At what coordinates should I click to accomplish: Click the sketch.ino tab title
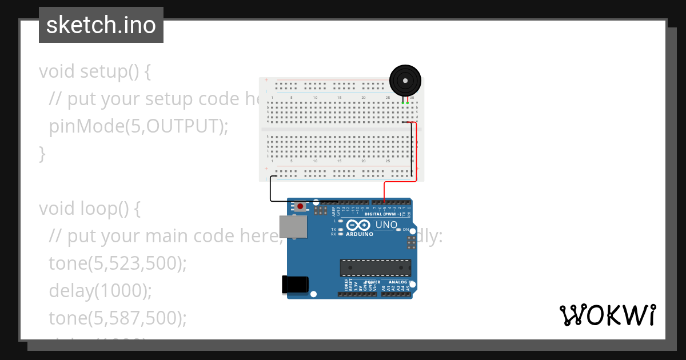(x=101, y=25)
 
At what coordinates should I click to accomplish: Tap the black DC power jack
(x=295, y=285)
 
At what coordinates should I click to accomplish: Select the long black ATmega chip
(x=375, y=267)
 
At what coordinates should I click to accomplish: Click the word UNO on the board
(x=386, y=225)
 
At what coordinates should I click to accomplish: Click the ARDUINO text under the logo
(x=360, y=234)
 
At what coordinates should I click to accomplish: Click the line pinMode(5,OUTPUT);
(x=138, y=126)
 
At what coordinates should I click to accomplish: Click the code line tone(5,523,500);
(x=118, y=263)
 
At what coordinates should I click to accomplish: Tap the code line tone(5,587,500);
(x=118, y=317)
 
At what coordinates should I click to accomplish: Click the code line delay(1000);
(x=101, y=290)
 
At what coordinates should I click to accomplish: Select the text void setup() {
(x=95, y=71)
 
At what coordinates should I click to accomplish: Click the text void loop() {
(x=90, y=209)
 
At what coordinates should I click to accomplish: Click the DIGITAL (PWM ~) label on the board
(x=382, y=214)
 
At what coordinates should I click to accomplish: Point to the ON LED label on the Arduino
(x=405, y=229)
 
